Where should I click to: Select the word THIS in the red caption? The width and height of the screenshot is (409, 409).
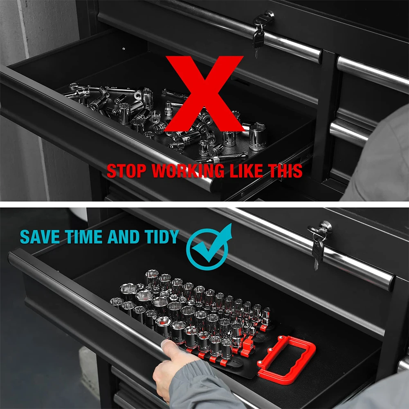pyautogui.click(x=286, y=171)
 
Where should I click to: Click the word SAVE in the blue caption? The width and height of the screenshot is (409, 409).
pyautogui.click(x=39, y=237)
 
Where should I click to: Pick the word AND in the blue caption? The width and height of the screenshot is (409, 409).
pyautogui.click(x=122, y=237)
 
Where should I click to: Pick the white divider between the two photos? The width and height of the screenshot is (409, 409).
pyautogui.click(x=204, y=204)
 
